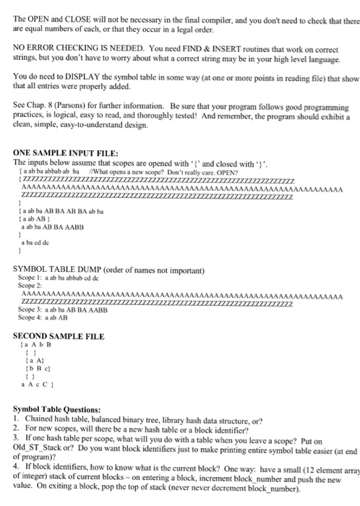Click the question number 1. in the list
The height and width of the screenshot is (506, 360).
pos(17,419)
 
